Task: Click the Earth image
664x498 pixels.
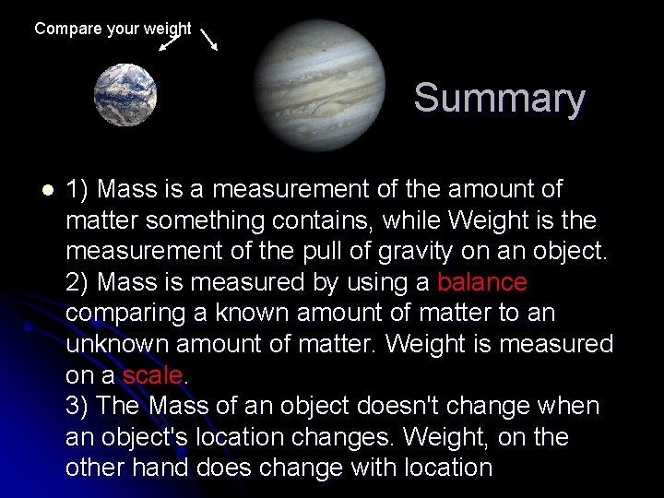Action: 125,94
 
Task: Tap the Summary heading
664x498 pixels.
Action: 499,98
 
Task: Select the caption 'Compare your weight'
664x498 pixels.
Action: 113,29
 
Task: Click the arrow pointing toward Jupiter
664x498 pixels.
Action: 208,38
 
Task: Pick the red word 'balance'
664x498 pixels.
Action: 481,282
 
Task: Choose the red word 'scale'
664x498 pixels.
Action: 153,375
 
